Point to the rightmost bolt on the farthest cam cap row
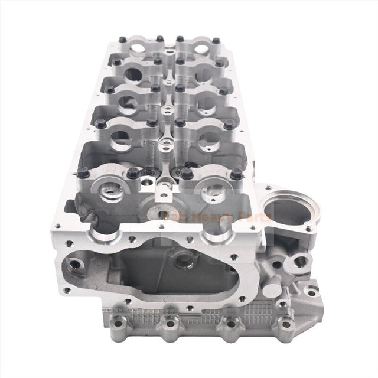point(216,41)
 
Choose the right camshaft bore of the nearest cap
point(211,192)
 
